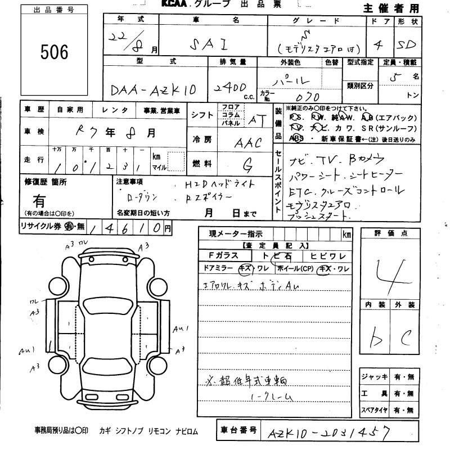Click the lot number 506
tap(54, 52)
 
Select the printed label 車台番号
tap(237, 430)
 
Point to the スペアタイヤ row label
tap(375, 409)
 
